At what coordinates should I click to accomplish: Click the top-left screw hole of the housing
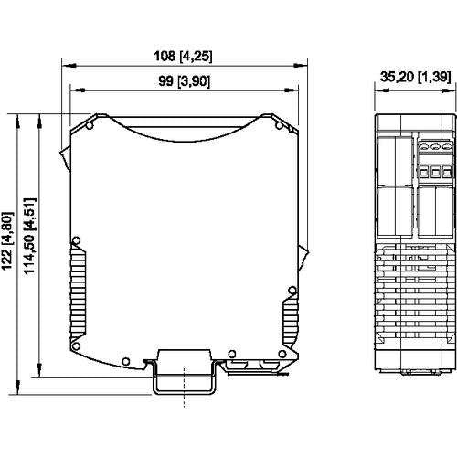tap(90, 125)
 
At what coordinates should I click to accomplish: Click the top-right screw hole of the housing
tap(279, 125)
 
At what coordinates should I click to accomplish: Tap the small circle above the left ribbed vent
tap(76, 240)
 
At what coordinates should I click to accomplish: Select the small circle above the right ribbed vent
tap(292, 290)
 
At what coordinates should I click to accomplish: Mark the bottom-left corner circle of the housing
tap(76, 346)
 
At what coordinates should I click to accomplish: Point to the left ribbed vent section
tap(78, 292)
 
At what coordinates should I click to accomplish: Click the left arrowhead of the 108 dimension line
tap(69, 66)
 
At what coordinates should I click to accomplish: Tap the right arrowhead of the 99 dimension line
tap(292, 90)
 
